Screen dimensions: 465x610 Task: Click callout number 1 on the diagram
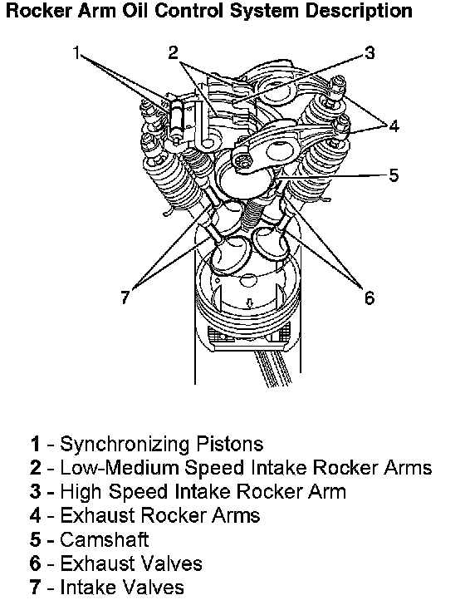click(x=76, y=52)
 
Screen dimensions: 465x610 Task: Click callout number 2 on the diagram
click(x=173, y=52)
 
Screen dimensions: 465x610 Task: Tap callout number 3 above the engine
click(x=370, y=52)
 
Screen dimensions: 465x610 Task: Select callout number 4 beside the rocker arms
click(x=394, y=125)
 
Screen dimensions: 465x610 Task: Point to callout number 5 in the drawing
click(x=394, y=175)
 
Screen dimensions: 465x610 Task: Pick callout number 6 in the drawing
click(x=370, y=298)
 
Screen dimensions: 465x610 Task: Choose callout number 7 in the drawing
click(x=125, y=298)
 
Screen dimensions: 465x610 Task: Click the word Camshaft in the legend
click(x=104, y=539)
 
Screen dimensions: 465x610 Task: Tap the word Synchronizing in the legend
click(x=124, y=445)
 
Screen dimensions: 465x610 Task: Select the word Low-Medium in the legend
click(x=119, y=468)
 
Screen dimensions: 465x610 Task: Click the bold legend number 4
click(x=36, y=516)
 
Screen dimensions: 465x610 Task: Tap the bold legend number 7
click(x=36, y=588)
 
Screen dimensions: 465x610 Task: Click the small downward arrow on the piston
click(x=250, y=303)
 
